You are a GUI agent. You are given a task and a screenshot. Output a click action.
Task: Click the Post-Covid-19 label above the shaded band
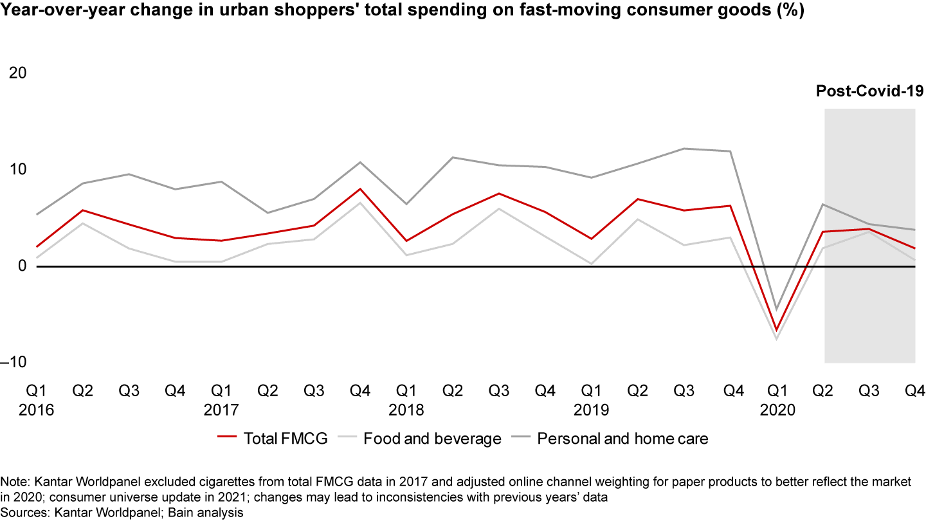click(869, 91)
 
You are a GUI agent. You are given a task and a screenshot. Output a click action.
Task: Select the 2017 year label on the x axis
click(221, 410)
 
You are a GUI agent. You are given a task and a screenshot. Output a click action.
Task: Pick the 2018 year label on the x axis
click(406, 410)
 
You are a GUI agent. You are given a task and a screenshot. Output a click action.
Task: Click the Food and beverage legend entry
click(432, 439)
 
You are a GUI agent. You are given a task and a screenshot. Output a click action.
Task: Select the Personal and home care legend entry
click(622, 439)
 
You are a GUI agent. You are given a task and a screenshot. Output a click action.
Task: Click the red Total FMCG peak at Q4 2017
click(360, 189)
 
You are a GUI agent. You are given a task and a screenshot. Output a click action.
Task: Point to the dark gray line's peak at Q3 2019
click(684, 149)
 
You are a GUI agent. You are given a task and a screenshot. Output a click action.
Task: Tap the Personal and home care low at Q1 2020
click(777, 310)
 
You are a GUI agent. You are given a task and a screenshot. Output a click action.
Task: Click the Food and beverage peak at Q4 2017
click(360, 203)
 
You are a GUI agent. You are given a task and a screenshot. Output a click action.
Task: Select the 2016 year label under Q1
click(36, 410)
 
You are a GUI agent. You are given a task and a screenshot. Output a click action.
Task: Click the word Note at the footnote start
click(14, 481)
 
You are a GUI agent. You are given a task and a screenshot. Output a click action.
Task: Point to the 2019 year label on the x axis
click(592, 410)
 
